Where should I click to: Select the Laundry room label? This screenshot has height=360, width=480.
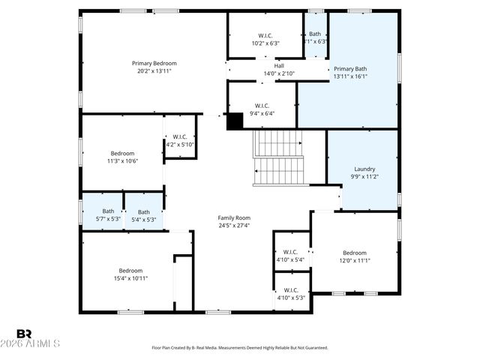[x=364, y=173]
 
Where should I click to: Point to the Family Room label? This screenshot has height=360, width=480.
[x=233, y=221]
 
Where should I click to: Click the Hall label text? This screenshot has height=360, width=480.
[x=279, y=69]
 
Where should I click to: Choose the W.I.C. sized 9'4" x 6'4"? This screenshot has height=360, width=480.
[x=261, y=109]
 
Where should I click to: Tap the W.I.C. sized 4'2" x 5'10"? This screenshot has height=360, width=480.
[x=179, y=140]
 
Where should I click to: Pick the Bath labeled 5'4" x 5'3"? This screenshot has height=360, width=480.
[x=143, y=216]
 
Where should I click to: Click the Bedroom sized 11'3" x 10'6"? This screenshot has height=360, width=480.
[x=123, y=156]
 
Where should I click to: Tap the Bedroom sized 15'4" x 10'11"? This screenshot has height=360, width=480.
[x=130, y=274]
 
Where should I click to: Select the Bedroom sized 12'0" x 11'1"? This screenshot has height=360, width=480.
[x=355, y=256]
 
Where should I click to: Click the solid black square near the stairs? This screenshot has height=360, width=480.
[x=235, y=120]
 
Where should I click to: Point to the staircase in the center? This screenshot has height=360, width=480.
[x=278, y=157]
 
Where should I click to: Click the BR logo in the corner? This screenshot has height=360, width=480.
[x=24, y=333]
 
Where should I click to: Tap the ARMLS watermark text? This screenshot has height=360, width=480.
[x=37, y=343]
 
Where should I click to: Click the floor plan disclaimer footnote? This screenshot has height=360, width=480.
[x=240, y=348]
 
